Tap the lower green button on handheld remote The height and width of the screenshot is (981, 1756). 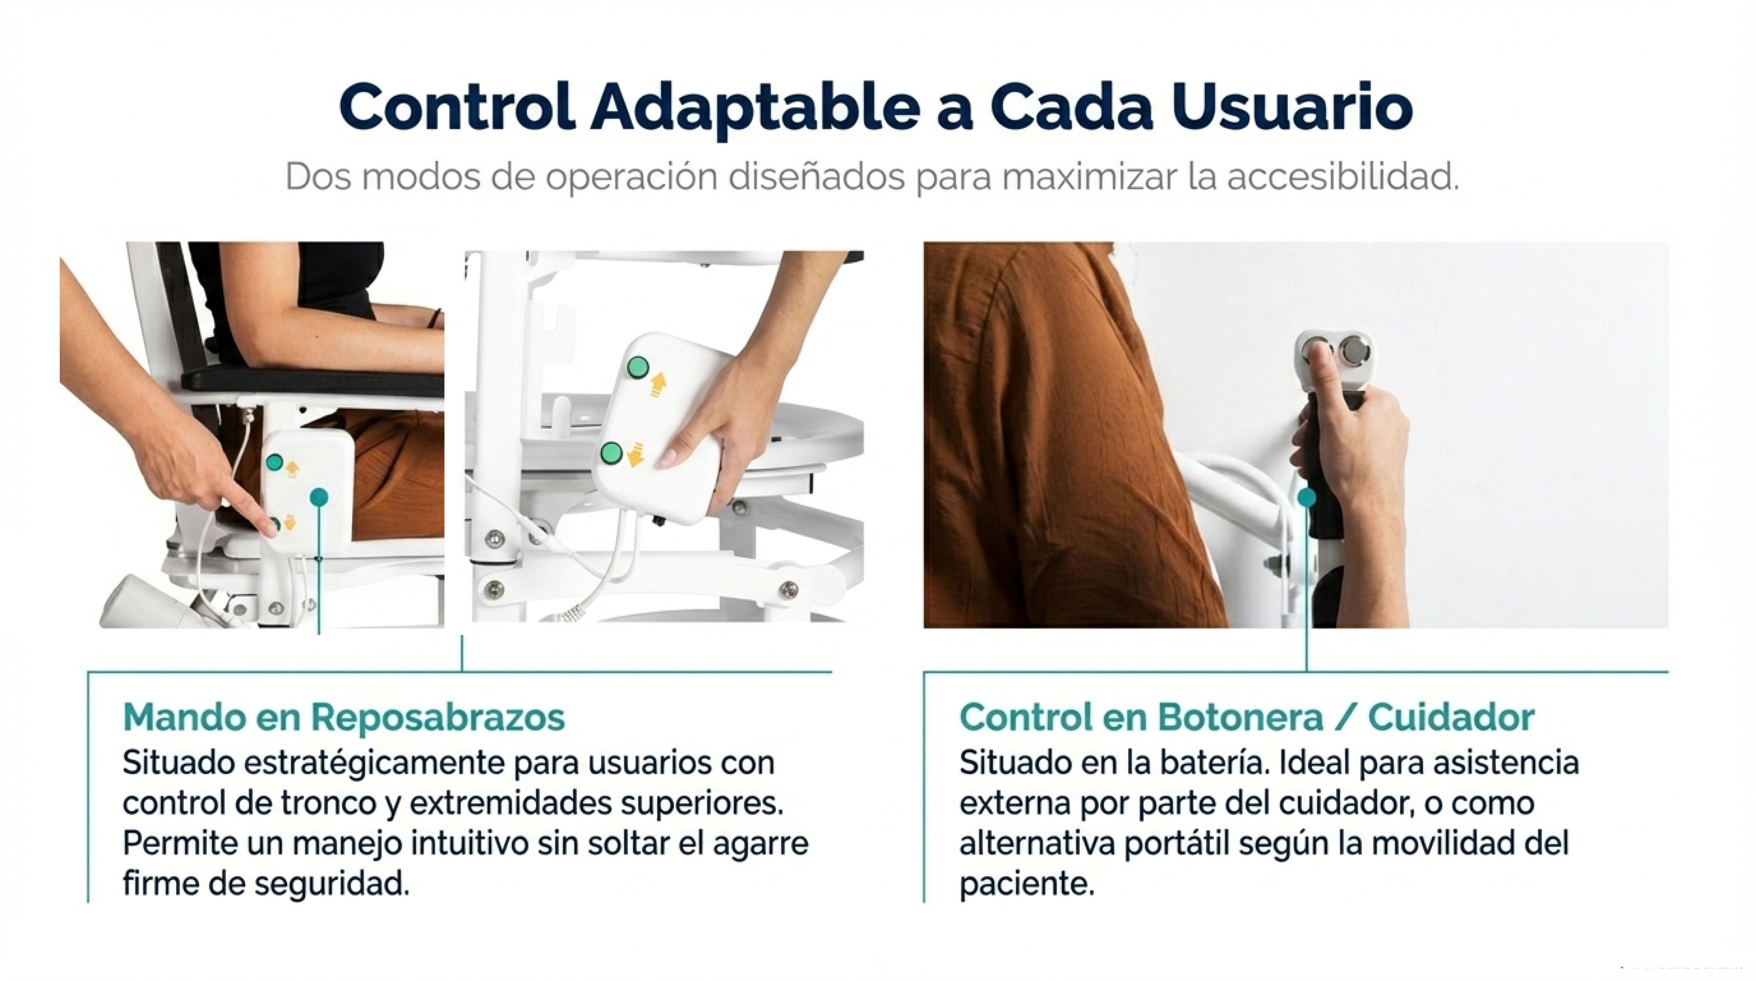point(611,452)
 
